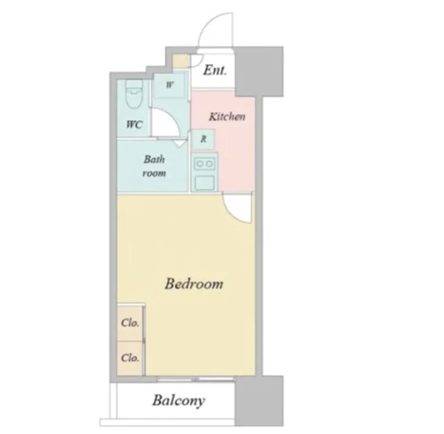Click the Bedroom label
point(194,284)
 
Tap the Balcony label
point(179,401)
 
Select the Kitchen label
point(227,117)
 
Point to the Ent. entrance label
point(215,70)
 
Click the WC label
point(134,124)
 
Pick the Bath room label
point(154,166)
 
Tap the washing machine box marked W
point(170,85)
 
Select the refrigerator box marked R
point(203,139)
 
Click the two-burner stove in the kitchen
point(204,164)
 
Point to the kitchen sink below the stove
point(204,182)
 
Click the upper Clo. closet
point(130,323)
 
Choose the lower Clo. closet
point(130,358)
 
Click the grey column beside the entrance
point(259,71)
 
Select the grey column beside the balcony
point(259,401)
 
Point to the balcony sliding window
point(196,379)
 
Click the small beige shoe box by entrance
point(181,61)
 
